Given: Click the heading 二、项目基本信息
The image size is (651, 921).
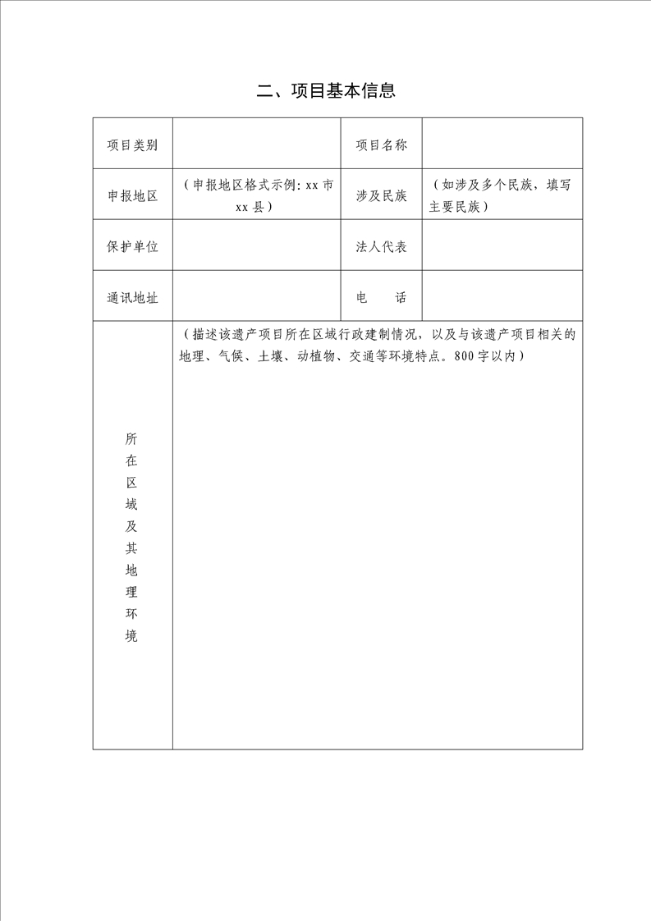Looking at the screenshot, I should (x=326, y=91).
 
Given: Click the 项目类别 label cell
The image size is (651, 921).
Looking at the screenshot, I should (x=132, y=145).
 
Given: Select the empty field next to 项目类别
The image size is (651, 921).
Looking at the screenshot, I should (x=256, y=145).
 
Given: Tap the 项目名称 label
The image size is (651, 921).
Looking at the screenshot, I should (x=381, y=145).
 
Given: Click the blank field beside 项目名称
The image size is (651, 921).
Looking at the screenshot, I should (x=502, y=145).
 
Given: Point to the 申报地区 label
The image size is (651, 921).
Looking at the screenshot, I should (x=132, y=196).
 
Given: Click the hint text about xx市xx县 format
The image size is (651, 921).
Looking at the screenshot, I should (x=256, y=196).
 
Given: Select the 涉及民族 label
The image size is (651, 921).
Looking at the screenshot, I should (x=381, y=196).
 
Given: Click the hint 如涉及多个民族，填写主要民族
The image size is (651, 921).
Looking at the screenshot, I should (x=502, y=196).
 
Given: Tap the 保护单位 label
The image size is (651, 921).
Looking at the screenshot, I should (x=132, y=246).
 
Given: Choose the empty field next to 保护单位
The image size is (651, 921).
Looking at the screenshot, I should (x=256, y=246).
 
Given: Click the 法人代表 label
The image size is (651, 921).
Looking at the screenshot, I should (x=381, y=246).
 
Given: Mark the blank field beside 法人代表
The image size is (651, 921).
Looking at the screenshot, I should (x=502, y=246).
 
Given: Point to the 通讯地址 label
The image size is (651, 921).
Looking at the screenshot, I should (x=132, y=297).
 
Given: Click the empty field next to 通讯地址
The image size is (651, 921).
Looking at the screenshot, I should (x=256, y=297).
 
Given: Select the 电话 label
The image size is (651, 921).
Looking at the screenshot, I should (x=381, y=297).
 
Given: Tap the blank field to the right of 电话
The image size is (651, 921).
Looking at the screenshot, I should (x=502, y=297).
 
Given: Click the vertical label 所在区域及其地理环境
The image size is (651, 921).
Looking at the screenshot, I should (x=132, y=537).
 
